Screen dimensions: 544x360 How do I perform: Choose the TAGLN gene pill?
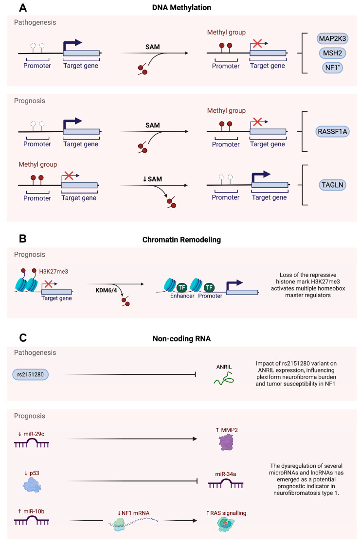[330, 184]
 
